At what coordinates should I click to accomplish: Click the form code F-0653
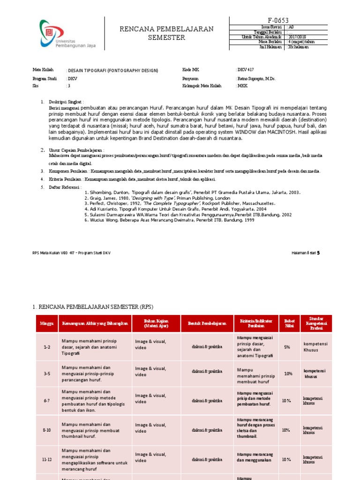[278, 20]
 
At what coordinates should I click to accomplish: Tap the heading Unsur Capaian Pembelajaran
[76, 150]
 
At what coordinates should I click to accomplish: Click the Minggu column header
[46, 324]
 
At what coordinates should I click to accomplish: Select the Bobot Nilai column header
[289, 324]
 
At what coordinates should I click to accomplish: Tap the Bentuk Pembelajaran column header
[207, 324]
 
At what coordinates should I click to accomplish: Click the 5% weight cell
[287, 347]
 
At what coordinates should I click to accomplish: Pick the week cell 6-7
[46, 401]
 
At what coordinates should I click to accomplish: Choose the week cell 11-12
[46, 460]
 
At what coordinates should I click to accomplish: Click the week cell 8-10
[46, 430]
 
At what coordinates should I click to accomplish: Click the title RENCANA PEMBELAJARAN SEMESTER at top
[166, 33]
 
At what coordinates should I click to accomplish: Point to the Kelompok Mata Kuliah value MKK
[243, 86]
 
